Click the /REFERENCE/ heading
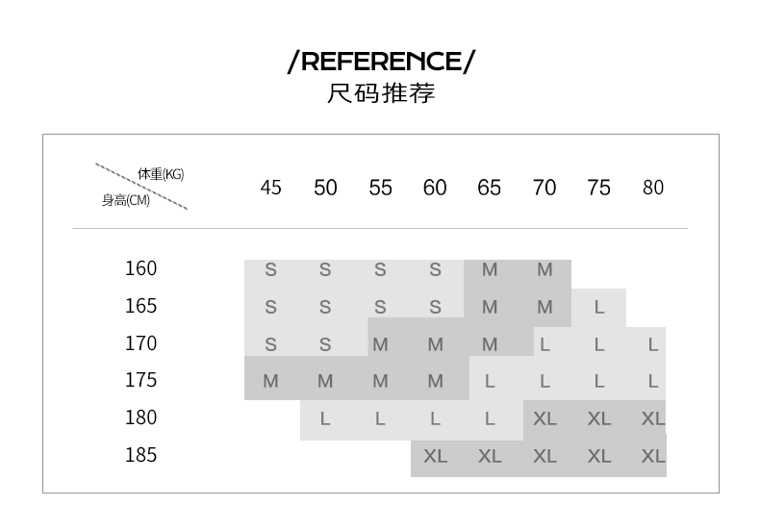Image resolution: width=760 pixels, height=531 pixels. click(x=381, y=63)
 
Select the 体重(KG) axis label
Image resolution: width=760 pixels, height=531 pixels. click(x=160, y=174)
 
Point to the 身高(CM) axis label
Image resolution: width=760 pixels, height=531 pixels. click(x=126, y=201)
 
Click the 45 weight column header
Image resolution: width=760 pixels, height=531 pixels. click(x=271, y=188)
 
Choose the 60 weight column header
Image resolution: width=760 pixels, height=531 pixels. click(x=435, y=188)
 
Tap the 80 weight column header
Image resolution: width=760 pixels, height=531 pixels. click(x=653, y=188)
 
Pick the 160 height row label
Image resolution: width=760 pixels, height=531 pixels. click(x=140, y=268)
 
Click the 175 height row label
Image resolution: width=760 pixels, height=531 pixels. click(x=140, y=380)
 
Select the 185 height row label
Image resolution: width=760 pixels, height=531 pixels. click(x=140, y=455)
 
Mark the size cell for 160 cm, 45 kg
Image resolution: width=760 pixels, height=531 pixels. click(x=270, y=270)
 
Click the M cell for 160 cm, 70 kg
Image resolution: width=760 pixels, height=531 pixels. click(x=545, y=270)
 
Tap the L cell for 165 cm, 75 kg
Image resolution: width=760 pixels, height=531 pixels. click(x=599, y=308)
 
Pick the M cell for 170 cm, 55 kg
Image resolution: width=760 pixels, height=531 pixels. click(x=380, y=344)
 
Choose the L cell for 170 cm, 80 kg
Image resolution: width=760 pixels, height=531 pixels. click(x=653, y=344)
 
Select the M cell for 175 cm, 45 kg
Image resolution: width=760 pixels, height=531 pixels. click(x=270, y=382)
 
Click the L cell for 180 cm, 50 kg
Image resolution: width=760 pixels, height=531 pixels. click(x=325, y=419)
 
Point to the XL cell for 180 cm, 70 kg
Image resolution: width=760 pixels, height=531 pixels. click(x=545, y=419)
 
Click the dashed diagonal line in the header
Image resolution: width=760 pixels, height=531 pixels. click(x=140, y=187)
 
